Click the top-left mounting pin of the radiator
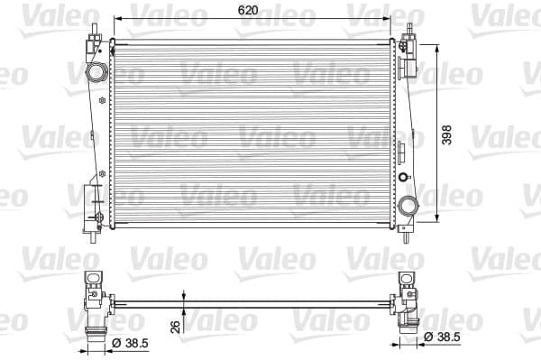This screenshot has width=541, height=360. click(x=92, y=25)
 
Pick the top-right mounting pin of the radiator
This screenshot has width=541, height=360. click(x=408, y=25)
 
